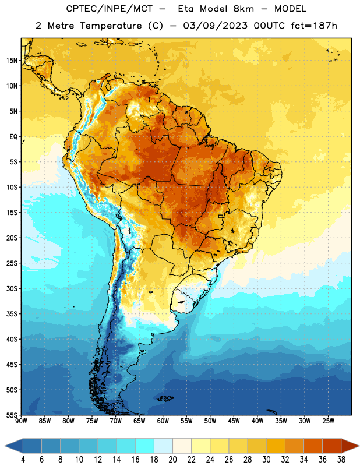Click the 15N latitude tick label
click(x=12, y=61)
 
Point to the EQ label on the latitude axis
click(x=13, y=137)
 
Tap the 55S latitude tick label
click(x=12, y=415)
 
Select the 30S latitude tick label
click(x=12, y=288)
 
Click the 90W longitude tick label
click(x=21, y=421)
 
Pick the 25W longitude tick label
click(x=328, y=421)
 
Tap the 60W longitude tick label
click(x=163, y=421)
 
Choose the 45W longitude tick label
click(x=234, y=421)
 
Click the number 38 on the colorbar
click(x=341, y=460)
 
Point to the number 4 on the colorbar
click(x=23, y=460)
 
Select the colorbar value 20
click(x=172, y=460)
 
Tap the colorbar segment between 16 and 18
click(x=144, y=446)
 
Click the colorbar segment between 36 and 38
click(x=332, y=446)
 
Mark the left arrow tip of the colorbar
click(x=5, y=446)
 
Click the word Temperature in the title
click(x=111, y=26)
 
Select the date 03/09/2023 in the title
click(x=215, y=26)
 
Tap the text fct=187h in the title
click(x=314, y=26)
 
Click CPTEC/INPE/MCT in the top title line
click(x=110, y=9)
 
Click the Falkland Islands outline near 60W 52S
click(x=165, y=398)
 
